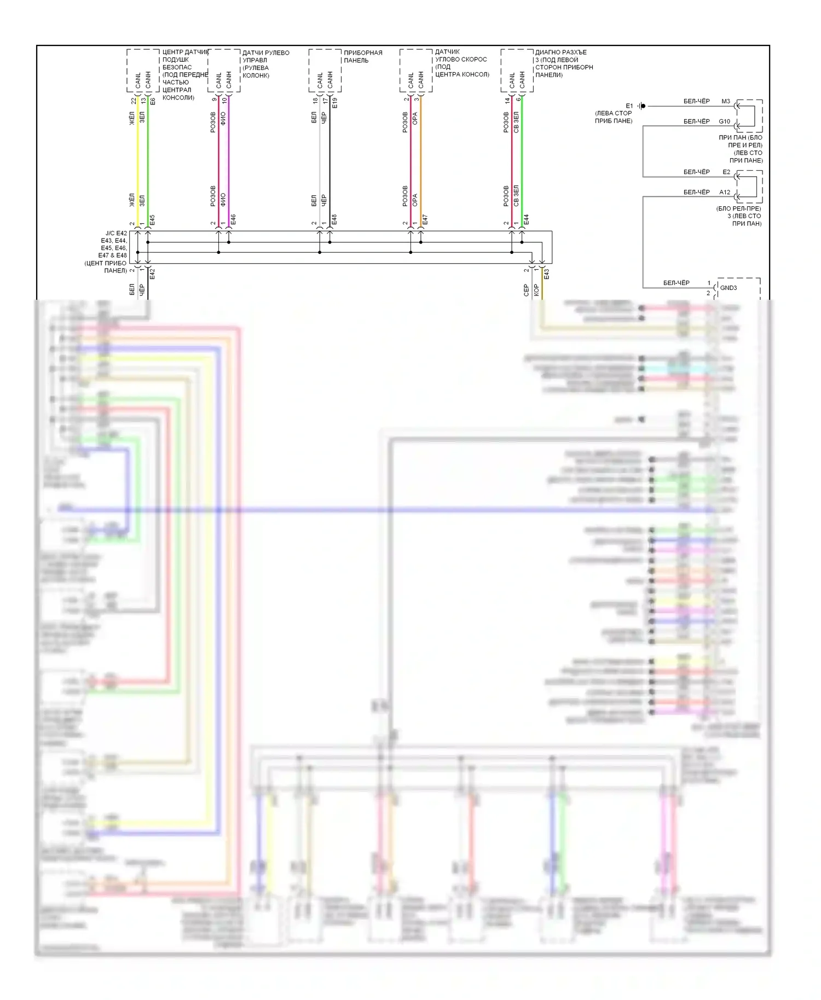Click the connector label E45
click(x=152, y=220)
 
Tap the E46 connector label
click(x=233, y=220)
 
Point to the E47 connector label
click(x=425, y=220)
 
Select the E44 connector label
click(x=527, y=220)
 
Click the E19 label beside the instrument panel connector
click(x=335, y=102)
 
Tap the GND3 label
click(x=728, y=288)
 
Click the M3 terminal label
click(x=725, y=101)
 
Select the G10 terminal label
click(x=724, y=121)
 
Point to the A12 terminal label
click(x=724, y=192)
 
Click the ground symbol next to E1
click(x=642, y=106)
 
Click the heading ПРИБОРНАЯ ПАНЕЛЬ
click(x=363, y=56)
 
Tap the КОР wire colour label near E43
click(x=536, y=290)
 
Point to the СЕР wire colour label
click(x=527, y=290)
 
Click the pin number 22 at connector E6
click(x=134, y=101)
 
